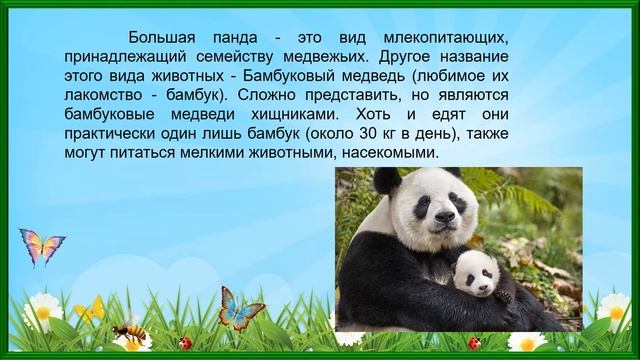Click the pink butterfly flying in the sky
(x=41, y=245)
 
